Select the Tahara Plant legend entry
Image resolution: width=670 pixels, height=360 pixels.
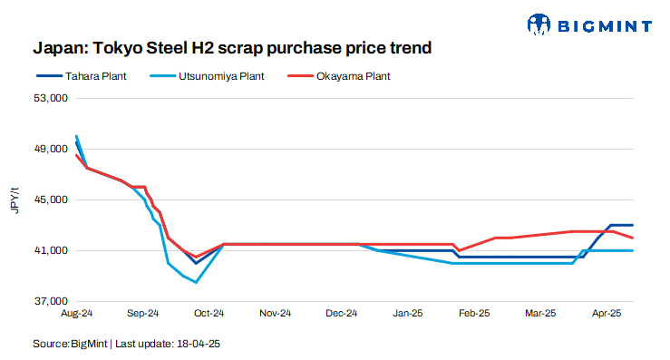pyautogui.click(x=94, y=76)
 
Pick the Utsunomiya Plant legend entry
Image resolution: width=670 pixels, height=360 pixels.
pyautogui.click(x=220, y=76)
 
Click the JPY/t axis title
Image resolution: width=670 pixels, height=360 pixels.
pyautogui.click(x=15, y=199)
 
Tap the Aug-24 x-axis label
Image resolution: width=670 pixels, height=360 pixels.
pyautogui.click(x=76, y=314)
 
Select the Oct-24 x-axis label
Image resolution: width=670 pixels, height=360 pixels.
pyautogui.click(x=209, y=314)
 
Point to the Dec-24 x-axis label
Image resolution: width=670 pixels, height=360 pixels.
pyautogui.click(x=341, y=314)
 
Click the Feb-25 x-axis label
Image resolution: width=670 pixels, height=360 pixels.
pyautogui.click(x=474, y=314)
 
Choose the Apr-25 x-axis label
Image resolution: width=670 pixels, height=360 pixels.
pyautogui.click(x=606, y=314)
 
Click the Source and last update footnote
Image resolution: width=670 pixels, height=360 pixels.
pyautogui.click(x=127, y=344)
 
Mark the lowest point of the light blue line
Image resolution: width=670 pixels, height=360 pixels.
pyautogui.click(x=197, y=282)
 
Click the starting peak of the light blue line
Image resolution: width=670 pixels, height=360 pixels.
pyautogui.click(x=76, y=136)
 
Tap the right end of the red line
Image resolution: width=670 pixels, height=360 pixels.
pyautogui.click(x=633, y=238)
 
